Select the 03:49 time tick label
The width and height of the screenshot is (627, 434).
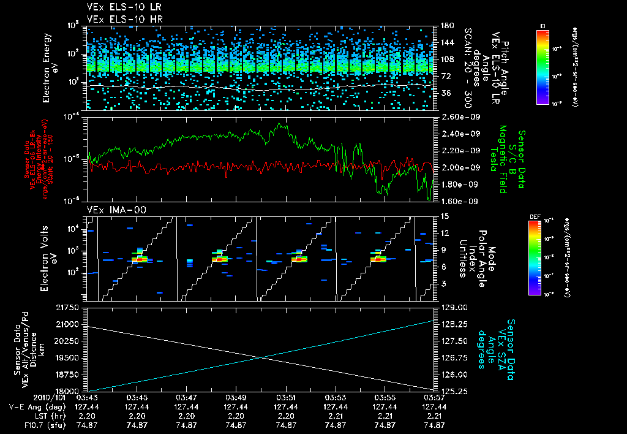click(x=236, y=397)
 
